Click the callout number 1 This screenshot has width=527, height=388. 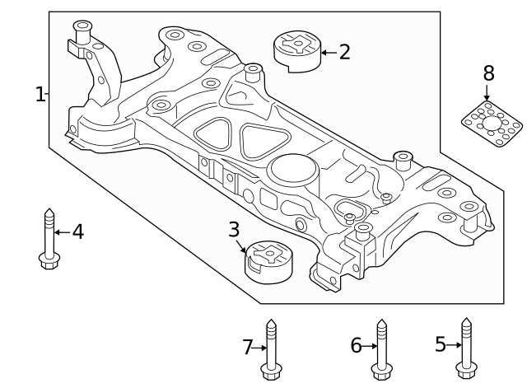(x=39, y=95)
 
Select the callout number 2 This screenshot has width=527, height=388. (x=344, y=53)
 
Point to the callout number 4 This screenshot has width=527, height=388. (x=77, y=232)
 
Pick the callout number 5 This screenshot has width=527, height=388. (x=440, y=344)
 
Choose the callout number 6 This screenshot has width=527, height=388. (x=356, y=346)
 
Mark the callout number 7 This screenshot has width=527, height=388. (x=247, y=348)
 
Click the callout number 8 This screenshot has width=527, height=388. (x=488, y=72)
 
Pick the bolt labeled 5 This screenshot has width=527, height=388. (x=466, y=346)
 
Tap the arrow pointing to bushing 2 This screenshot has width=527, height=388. (x=327, y=53)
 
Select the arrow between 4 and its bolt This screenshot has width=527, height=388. (x=62, y=232)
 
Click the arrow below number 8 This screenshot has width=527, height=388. (x=487, y=93)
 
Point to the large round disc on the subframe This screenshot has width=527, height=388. (x=291, y=171)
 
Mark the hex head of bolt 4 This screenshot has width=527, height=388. (x=49, y=261)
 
